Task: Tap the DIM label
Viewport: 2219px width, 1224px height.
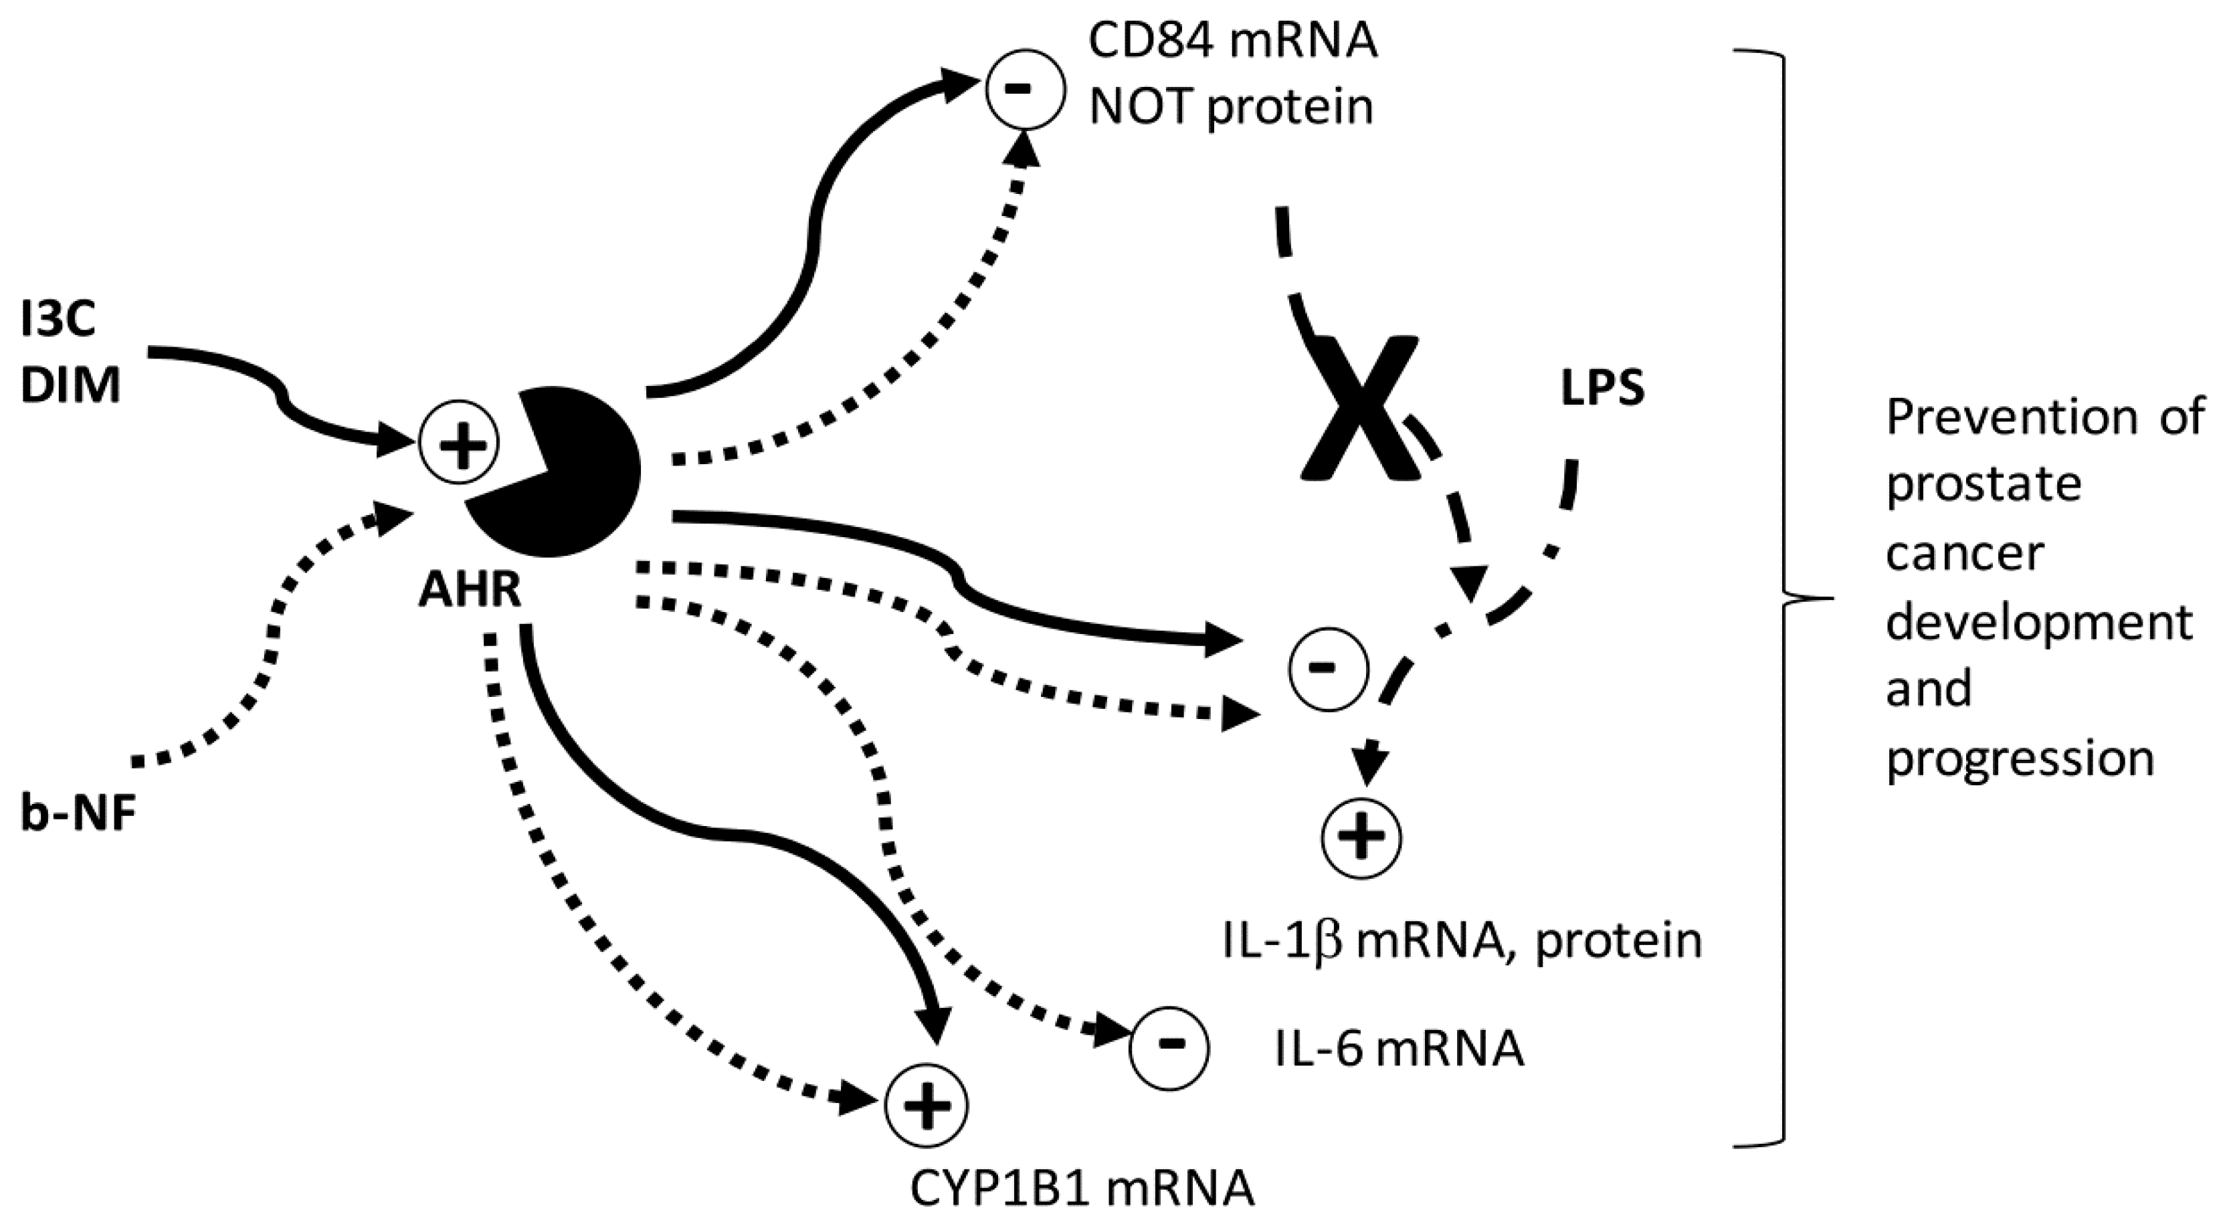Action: pos(71,385)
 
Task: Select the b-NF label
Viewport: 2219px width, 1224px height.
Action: pos(79,814)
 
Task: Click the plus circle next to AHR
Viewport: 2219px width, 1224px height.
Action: pos(458,443)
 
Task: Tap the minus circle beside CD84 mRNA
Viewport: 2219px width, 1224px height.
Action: pos(1025,90)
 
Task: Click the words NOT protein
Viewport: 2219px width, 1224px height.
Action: pos(1231,107)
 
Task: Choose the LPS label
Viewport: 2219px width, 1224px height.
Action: pos(1602,389)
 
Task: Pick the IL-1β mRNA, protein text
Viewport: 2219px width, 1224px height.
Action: pos(1462,942)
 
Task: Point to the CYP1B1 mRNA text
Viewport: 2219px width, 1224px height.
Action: pos(1082,1189)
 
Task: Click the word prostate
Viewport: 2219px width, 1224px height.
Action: pos(1983,485)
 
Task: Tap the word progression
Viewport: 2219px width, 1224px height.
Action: pos(2020,758)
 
